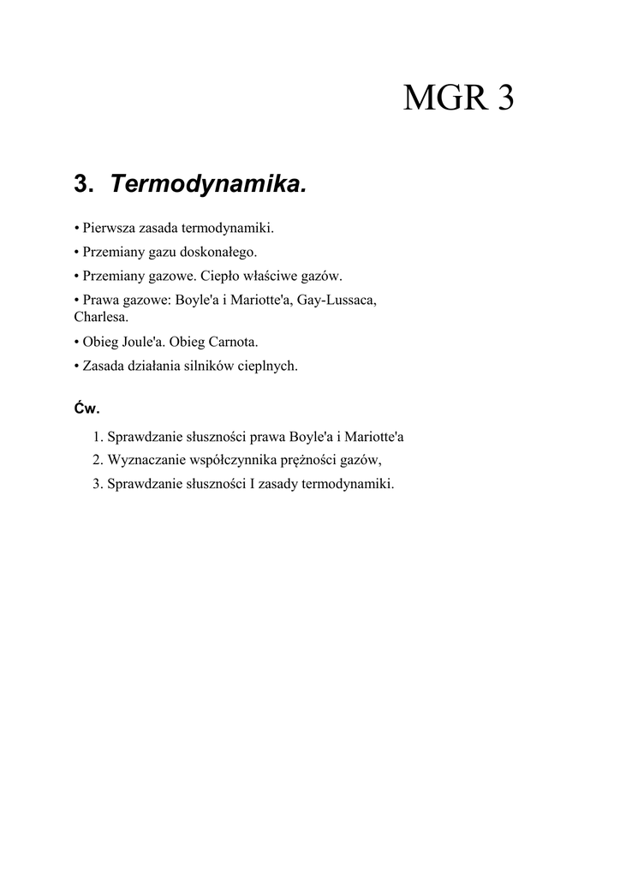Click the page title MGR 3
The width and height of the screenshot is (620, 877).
pos(459,99)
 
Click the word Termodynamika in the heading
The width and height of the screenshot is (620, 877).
pos(208,183)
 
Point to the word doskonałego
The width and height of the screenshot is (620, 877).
pos(218,253)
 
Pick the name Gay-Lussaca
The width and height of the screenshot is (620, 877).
pos(337,301)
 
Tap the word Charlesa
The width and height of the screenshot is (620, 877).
pos(101,317)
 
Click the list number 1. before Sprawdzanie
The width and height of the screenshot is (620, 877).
pos(98,437)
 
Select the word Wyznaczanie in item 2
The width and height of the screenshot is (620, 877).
pos(145,460)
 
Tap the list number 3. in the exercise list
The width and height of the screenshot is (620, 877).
pos(98,484)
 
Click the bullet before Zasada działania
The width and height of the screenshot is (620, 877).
pos(77,366)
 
